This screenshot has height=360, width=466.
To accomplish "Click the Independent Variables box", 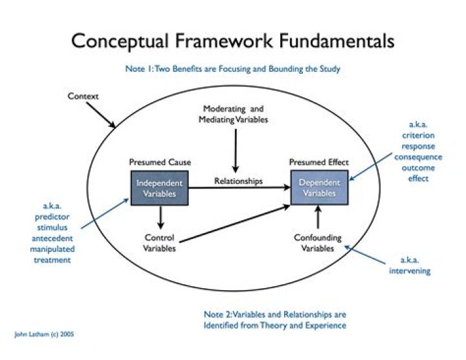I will (x=159, y=188).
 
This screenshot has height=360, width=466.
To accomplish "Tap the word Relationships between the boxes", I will (x=238, y=181).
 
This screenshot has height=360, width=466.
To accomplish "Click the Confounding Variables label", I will (x=318, y=243).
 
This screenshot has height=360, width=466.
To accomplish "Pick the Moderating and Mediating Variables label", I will (x=234, y=114).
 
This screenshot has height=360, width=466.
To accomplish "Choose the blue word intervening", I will (x=410, y=271).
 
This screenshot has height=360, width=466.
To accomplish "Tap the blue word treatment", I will (x=51, y=260).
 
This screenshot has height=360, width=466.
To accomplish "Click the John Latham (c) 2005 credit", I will (x=49, y=335).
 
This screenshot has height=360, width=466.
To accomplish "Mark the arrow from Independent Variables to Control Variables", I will (x=159, y=216).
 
